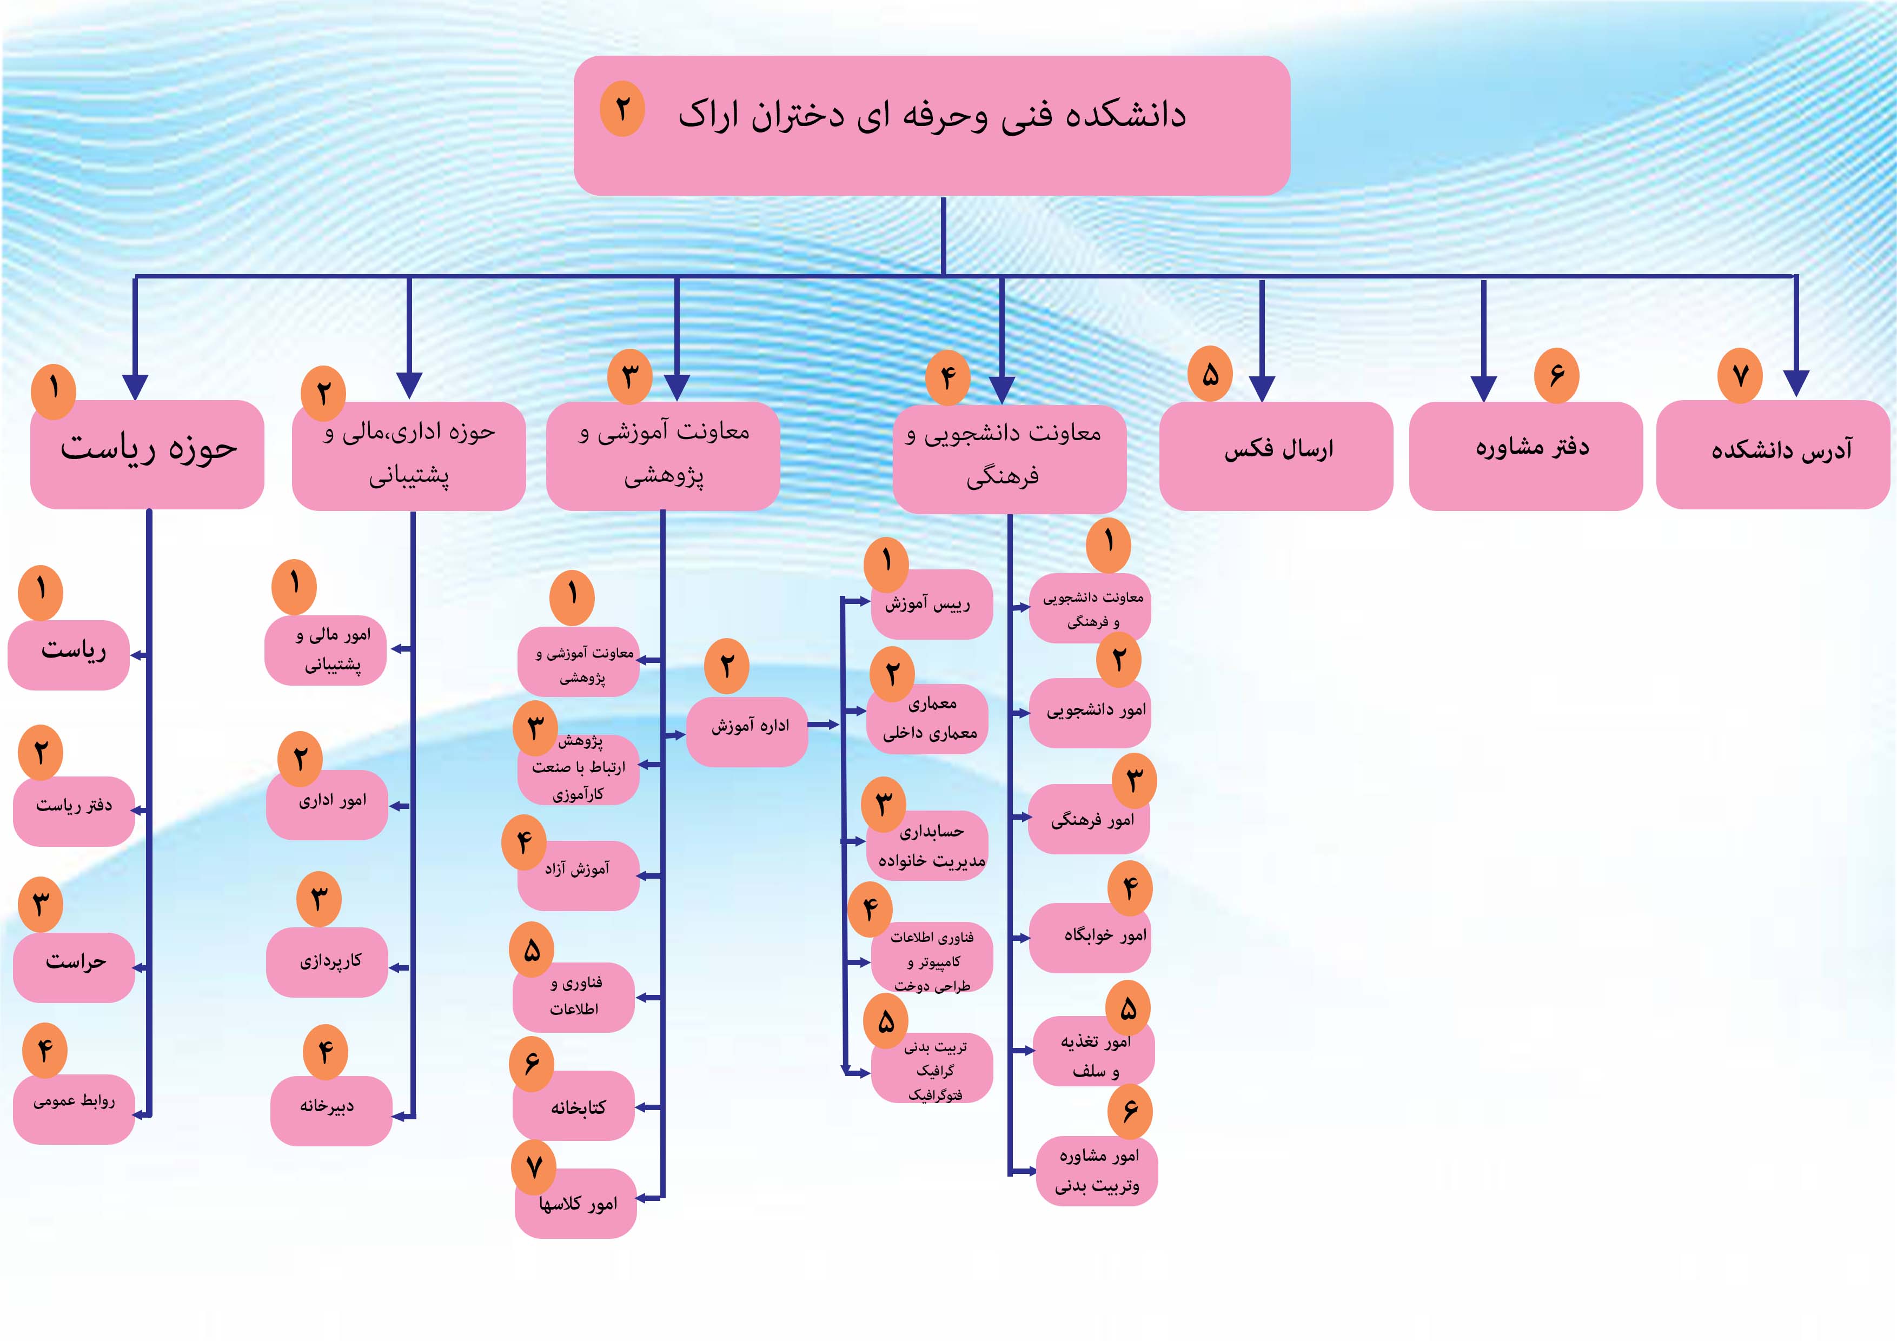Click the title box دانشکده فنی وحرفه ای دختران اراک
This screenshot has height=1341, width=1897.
point(931,125)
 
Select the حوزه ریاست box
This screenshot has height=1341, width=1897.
point(147,454)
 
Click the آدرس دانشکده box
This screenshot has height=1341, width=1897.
point(1773,454)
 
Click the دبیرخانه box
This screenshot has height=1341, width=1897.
point(330,1111)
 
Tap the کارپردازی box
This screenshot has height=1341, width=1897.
point(327,962)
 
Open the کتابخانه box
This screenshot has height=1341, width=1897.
point(573,1106)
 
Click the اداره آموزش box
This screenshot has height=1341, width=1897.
point(747,732)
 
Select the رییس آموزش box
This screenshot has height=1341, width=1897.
point(932,604)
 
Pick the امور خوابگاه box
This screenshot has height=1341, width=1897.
point(1090,938)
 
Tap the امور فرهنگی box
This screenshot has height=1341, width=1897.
point(1089,819)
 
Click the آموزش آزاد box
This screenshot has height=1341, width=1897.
point(579,876)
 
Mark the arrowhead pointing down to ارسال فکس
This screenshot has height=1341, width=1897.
point(1262,388)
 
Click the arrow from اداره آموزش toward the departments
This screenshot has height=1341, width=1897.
point(824,725)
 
